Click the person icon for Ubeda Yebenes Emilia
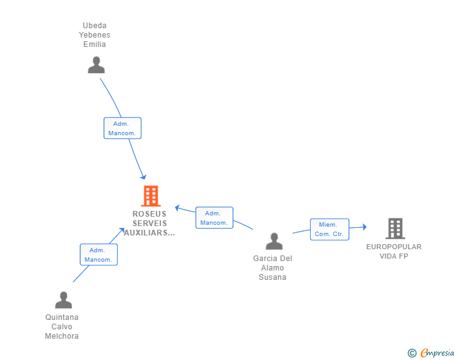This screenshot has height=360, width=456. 96,65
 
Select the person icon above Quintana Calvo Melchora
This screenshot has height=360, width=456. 63,300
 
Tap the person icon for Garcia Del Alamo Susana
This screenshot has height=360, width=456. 274,242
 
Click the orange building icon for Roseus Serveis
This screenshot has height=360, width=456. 151,196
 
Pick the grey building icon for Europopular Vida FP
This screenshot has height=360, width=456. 395,229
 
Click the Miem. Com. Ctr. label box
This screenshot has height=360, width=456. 329,229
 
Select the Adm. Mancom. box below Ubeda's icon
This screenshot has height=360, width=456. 122,128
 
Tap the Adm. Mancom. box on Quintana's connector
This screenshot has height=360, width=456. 98,255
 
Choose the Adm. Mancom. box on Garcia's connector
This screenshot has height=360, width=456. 214,218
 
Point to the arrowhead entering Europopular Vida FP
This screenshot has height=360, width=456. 364,227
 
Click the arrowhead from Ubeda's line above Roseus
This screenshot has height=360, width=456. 143,177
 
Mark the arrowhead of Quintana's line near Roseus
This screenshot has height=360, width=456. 122,230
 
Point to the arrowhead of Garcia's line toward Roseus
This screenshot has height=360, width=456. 177,208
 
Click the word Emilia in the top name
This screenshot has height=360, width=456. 95,44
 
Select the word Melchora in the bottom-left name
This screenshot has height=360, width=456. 61,336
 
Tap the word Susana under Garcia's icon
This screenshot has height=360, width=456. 272,277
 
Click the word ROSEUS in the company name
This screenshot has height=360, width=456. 150,214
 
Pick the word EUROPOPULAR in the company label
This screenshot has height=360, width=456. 394,247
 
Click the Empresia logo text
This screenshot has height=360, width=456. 437,352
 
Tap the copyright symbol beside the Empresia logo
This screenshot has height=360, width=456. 412,353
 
